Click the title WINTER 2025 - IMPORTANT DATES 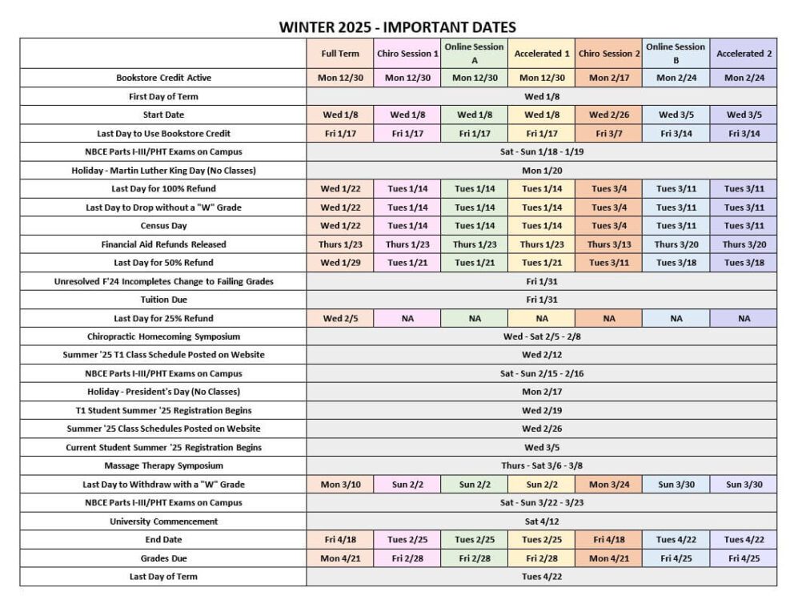tap(397, 27)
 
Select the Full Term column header tap(340, 54)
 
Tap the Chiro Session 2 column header tap(609, 54)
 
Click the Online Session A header tap(475, 53)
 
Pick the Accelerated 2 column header tap(744, 54)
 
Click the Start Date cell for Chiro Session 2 tap(609, 115)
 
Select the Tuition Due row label tap(163, 300)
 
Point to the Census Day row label tap(163, 226)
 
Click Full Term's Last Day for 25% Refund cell tap(340, 318)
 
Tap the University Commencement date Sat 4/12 tap(542, 521)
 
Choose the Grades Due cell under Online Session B tap(676, 558)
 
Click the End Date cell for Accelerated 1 tap(542, 540)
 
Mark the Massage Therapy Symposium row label tap(163, 465)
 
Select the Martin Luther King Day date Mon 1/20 tap(542, 170)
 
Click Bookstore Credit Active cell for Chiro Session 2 tap(609, 78)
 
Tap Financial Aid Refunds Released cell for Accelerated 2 tap(744, 244)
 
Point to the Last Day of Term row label tap(163, 577)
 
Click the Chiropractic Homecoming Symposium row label tap(163, 336)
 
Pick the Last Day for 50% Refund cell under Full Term tap(340, 263)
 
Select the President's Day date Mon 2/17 tap(542, 392)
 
